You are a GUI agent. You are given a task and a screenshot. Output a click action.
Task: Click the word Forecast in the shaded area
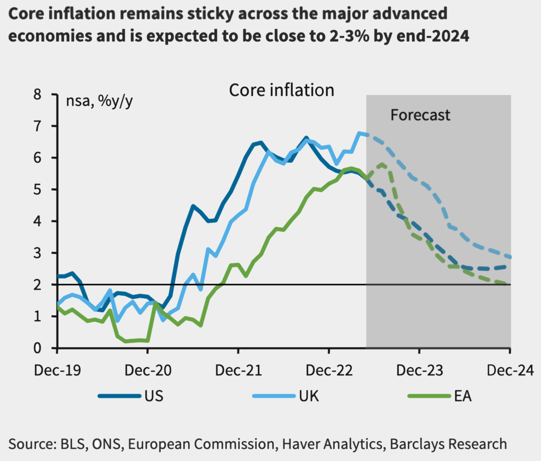tap(420, 115)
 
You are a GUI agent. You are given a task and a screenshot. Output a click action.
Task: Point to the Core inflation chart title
tap(282, 90)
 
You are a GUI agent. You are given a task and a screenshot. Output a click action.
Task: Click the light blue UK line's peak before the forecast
tap(359, 133)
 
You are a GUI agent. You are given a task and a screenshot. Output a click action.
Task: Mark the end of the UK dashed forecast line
tap(509, 257)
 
